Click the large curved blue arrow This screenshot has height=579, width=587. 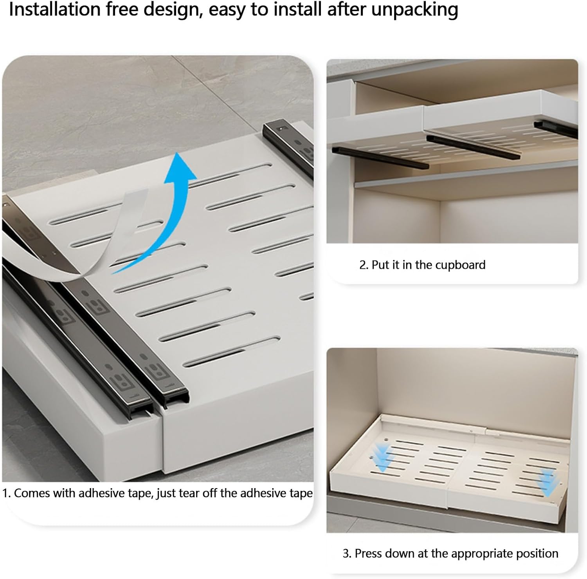(172, 204)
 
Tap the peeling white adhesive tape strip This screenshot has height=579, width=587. (98, 251)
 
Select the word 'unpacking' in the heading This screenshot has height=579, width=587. (414, 10)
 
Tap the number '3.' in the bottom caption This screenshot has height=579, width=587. (347, 554)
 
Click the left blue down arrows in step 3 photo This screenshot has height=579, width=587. (382, 456)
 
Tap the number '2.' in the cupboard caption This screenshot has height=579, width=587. (364, 265)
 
